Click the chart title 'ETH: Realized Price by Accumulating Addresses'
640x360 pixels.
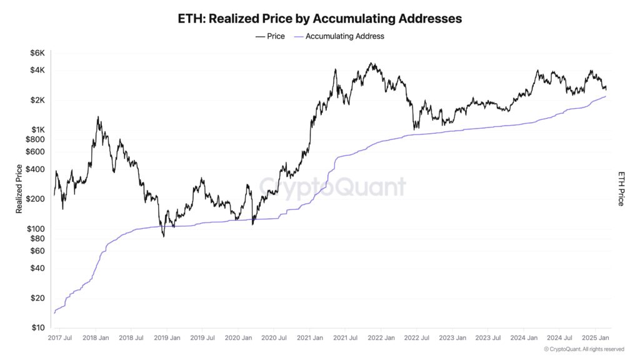pyautogui.click(x=320, y=19)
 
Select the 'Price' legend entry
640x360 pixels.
pyautogui.click(x=270, y=36)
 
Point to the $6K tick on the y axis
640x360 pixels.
pyautogui.click(x=37, y=53)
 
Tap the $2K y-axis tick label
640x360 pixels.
pyautogui.click(x=37, y=100)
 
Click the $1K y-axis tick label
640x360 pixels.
pyautogui.click(x=37, y=129)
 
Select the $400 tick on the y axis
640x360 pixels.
pyautogui.click(x=35, y=169)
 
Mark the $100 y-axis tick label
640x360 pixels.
pyautogui.click(x=35, y=228)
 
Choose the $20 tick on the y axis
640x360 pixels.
pyautogui.click(x=37, y=297)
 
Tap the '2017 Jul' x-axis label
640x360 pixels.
pyautogui.click(x=61, y=338)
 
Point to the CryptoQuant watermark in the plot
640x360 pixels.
pyautogui.click(x=332, y=187)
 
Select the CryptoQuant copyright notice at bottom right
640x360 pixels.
pyautogui.click(x=584, y=349)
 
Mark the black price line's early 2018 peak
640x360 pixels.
pyautogui.click(x=98, y=117)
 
